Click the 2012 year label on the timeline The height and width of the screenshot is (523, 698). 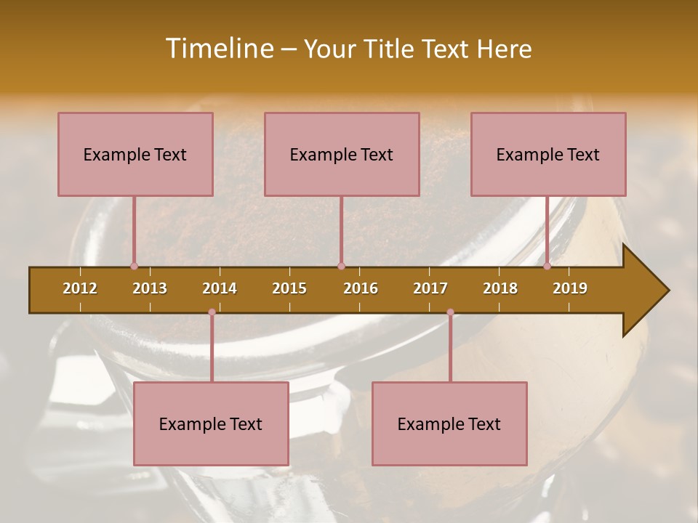point(80,288)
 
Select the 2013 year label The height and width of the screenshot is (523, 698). point(150,288)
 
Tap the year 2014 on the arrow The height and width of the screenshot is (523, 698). point(220,288)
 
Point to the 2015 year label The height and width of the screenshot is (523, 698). point(289,288)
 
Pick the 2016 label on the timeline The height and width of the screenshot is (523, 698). point(361,288)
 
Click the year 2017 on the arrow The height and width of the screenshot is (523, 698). point(430,288)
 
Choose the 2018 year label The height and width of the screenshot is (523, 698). point(500,288)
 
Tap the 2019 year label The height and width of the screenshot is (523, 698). point(570,288)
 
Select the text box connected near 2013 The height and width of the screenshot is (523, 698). point(135,154)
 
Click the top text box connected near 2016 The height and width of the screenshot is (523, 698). point(342,154)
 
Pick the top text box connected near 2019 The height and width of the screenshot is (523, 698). point(548,154)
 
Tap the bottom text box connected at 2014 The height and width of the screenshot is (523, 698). point(211,423)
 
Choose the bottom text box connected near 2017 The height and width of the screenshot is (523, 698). point(449,423)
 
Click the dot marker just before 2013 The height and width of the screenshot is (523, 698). point(134,266)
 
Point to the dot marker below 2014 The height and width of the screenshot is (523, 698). point(212,312)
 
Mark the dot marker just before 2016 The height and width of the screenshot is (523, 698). point(341,266)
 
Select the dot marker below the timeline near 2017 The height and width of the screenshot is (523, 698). point(450,312)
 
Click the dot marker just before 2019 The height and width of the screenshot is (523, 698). point(547,266)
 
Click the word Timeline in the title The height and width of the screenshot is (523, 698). point(218,49)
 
